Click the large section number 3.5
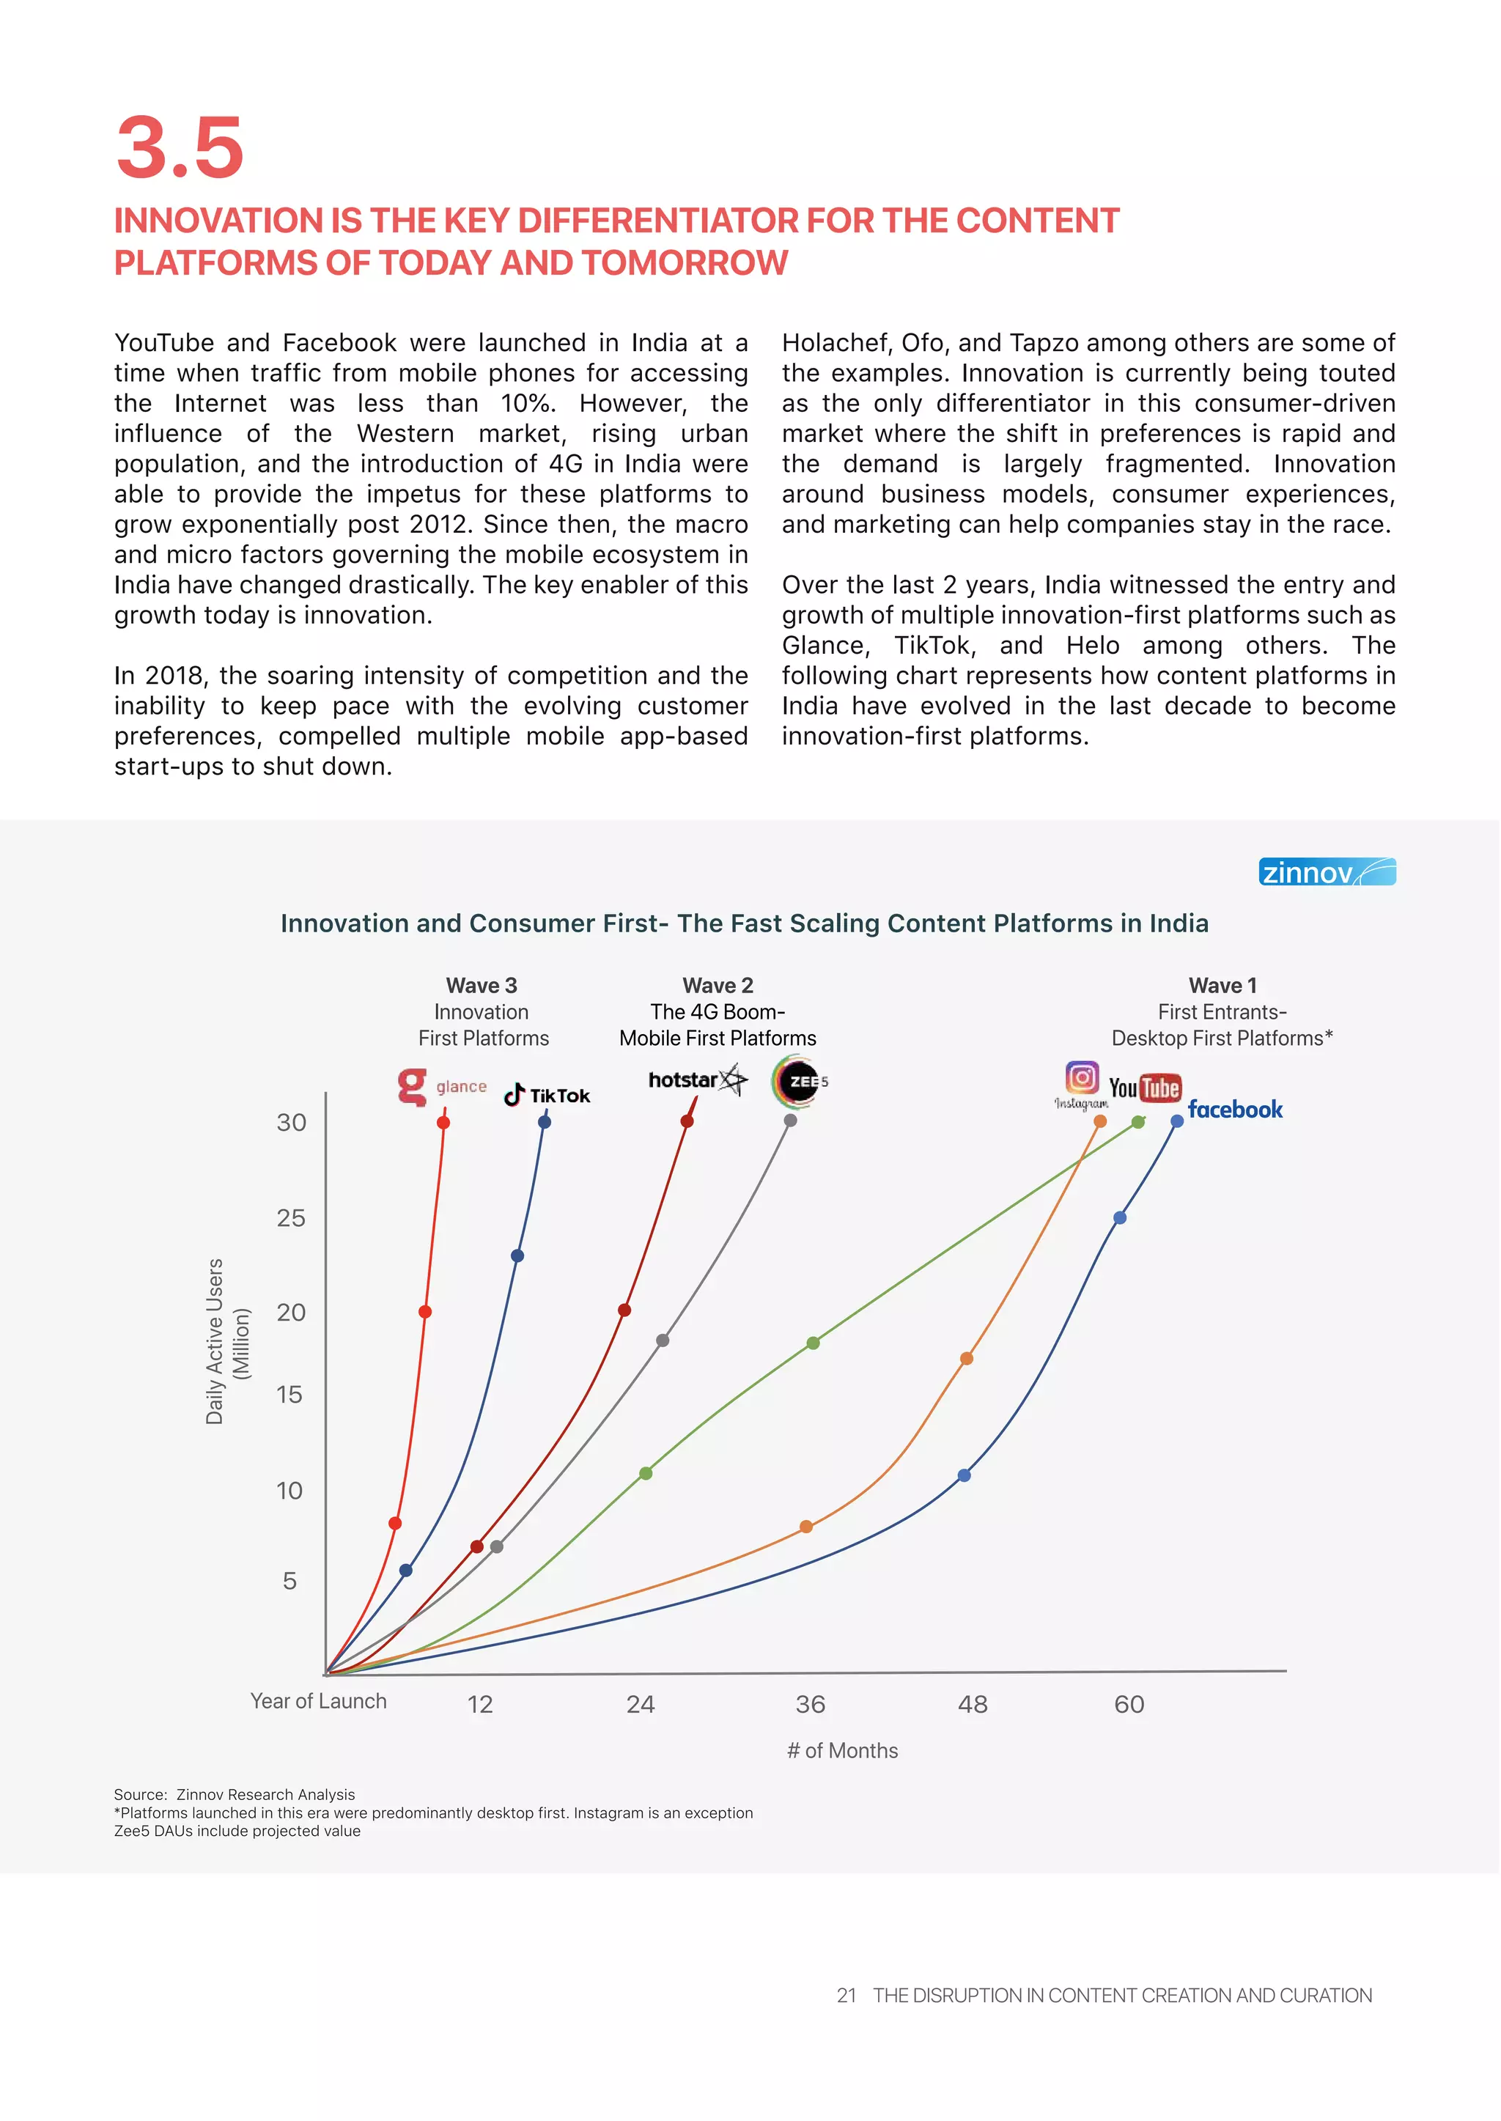[180, 148]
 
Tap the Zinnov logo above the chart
[1327, 871]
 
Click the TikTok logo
[547, 1095]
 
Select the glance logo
[442, 1086]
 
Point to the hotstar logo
[698, 1080]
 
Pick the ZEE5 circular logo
[799, 1081]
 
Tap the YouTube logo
[1144, 1088]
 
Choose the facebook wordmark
[1235, 1109]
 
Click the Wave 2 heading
[718, 985]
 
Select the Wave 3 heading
[482, 985]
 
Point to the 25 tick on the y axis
[291, 1218]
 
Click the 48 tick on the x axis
[973, 1704]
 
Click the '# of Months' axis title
[842, 1750]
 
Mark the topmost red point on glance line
[443, 1122]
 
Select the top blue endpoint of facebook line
[1176, 1121]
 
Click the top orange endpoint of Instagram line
[1100, 1121]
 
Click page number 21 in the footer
[846, 1996]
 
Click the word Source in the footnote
[139, 1795]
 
